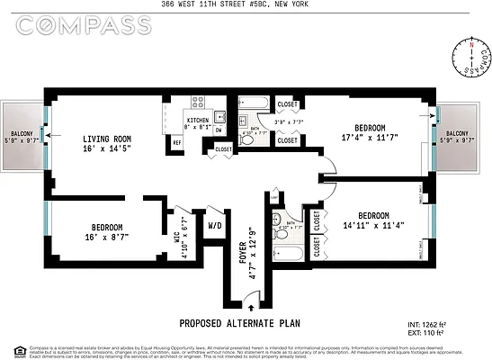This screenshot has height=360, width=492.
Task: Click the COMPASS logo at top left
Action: pyautogui.click(x=84, y=27)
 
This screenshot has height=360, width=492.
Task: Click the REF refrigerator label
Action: pyautogui.click(x=177, y=143)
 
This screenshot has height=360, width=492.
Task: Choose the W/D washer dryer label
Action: pyautogui.click(x=215, y=224)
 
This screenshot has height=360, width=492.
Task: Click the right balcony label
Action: pyautogui.click(x=463, y=135)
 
